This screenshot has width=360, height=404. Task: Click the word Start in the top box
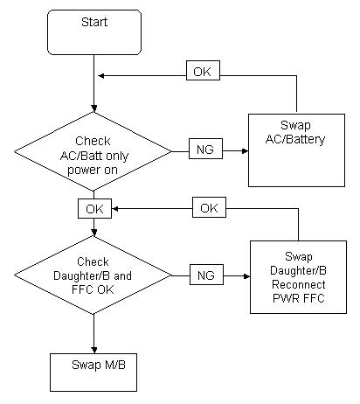pyautogui.click(x=94, y=22)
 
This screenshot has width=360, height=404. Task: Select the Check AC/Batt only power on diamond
pyautogui.click(x=93, y=151)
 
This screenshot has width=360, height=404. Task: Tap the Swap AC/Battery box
pyautogui.click(x=296, y=150)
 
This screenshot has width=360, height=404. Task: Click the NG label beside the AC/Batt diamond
pyautogui.click(x=205, y=149)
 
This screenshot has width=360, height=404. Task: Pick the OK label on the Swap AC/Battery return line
pyautogui.click(x=203, y=71)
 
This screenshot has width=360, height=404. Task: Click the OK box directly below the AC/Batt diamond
pyautogui.click(x=94, y=209)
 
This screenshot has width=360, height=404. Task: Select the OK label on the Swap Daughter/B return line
pyautogui.click(x=209, y=207)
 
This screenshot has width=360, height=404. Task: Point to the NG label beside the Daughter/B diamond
pyautogui.click(x=206, y=275)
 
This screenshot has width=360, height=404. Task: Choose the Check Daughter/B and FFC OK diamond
pyautogui.click(x=93, y=275)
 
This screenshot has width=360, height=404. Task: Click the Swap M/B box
pyautogui.click(x=93, y=373)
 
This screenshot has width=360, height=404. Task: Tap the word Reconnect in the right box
pyautogui.click(x=299, y=284)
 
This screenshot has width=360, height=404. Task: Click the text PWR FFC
pyautogui.click(x=299, y=298)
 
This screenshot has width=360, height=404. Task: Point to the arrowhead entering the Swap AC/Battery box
pyautogui.click(x=245, y=151)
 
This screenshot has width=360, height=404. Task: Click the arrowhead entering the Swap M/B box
pyautogui.click(x=93, y=350)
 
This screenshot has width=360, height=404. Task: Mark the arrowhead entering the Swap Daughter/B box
pyautogui.click(x=246, y=276)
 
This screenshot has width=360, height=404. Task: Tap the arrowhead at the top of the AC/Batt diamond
pyautogui.click(x=93, y=108)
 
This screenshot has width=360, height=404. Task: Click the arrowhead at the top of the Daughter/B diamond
pyautogui.click(x=93, y=233)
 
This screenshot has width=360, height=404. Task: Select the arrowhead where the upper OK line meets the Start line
pyautogui.click(x=101, y=76)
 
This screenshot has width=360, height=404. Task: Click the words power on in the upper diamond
pyautogui.click(x=93, y=170)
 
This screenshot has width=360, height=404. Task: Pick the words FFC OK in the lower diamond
pyautogui.click(x=93, y=289)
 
